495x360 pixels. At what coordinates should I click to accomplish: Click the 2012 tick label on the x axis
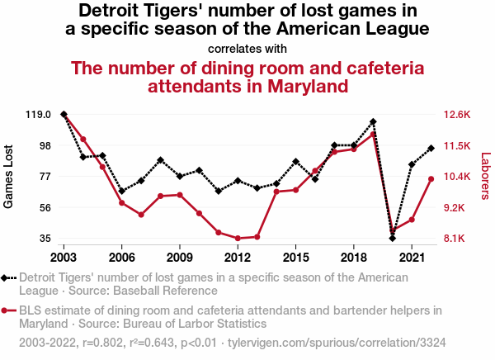[238, 257]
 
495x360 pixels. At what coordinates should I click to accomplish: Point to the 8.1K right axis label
[455, 239]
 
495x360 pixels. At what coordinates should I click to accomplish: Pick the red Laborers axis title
[485, 176]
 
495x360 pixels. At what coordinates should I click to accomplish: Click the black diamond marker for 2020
[393, 238]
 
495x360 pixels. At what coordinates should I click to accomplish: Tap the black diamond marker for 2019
[373, 122]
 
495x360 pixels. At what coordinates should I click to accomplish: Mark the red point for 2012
[238, 239]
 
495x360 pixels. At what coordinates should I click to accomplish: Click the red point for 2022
[431, 179]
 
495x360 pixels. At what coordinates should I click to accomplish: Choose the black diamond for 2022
[431, 149]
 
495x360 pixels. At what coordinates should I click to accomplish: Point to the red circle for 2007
[141, 215]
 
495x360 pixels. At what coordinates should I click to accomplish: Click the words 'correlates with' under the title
[247, 49]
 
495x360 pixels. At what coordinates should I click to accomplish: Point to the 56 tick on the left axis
[46, 207]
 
